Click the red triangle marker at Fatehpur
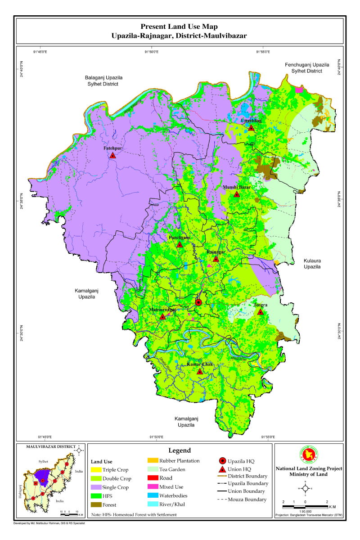[x=112, y=155]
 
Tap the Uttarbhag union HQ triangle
[x=251, y=128]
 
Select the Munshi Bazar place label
[x=236, y=187]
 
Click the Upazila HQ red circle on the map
[x=198, y=302]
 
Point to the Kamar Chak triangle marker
[x=200, y=372]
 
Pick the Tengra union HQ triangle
[x=260, y=311]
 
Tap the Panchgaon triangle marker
[x=180, y=244]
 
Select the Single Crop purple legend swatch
[x=97, y=487]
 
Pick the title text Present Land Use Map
[x=180, y=27]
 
